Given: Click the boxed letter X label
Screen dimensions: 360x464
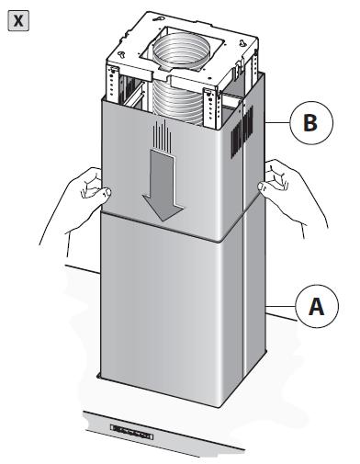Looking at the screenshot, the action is (18, 20).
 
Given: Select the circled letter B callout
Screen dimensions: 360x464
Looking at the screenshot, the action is (310, 122).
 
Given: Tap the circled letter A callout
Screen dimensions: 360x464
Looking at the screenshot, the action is (317, 306).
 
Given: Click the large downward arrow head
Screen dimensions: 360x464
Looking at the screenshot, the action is (163, 209).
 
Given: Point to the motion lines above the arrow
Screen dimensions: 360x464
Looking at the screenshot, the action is (163, 134).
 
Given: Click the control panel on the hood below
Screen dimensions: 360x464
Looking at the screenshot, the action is (131, 432).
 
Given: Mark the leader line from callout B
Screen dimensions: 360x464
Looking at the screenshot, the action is (278, 123).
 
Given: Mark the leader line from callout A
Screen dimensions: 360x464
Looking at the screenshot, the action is (281, 306).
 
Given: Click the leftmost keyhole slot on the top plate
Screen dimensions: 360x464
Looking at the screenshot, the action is (122, 54).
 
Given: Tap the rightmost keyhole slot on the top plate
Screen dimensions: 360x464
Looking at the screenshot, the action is (243, 42).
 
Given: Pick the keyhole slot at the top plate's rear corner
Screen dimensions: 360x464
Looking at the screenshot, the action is (160, 18).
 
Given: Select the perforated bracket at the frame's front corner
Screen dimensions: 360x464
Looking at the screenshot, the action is (209, 108).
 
